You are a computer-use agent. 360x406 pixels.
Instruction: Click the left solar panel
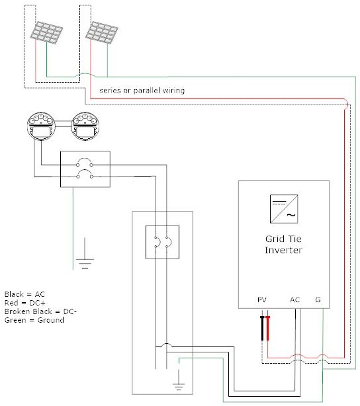[x=46, y=32]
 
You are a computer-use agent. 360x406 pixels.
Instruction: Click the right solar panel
[x=102, y=32]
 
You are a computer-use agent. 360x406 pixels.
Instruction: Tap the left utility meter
[x=41, y=126]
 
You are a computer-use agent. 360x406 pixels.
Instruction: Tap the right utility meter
[x=85, y=126]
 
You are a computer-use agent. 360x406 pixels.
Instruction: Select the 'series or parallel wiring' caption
[x=142, y=91]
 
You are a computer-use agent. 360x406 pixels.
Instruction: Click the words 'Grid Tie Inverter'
[x=283, y=244]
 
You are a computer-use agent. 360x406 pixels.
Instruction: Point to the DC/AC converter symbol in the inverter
[x=284, y=209]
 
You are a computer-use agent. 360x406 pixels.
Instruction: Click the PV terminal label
[x=262, y=300]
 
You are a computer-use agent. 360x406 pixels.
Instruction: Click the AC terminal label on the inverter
[x=294, y=300]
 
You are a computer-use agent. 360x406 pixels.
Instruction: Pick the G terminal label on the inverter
[x=318, y=300]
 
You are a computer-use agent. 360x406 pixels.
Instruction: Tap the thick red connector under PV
[x=268, y=328]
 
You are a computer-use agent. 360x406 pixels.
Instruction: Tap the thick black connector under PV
[x=262, y=328]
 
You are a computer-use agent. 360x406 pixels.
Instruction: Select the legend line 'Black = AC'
[x=24, y=294]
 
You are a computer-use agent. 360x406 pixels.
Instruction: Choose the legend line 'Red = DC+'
[x=25, y=303]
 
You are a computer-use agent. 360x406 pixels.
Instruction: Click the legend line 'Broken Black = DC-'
[x=40, y=311]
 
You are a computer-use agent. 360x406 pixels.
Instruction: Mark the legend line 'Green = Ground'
[x=34, y=320]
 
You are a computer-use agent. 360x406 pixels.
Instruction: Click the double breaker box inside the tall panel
[x=163, y=242]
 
